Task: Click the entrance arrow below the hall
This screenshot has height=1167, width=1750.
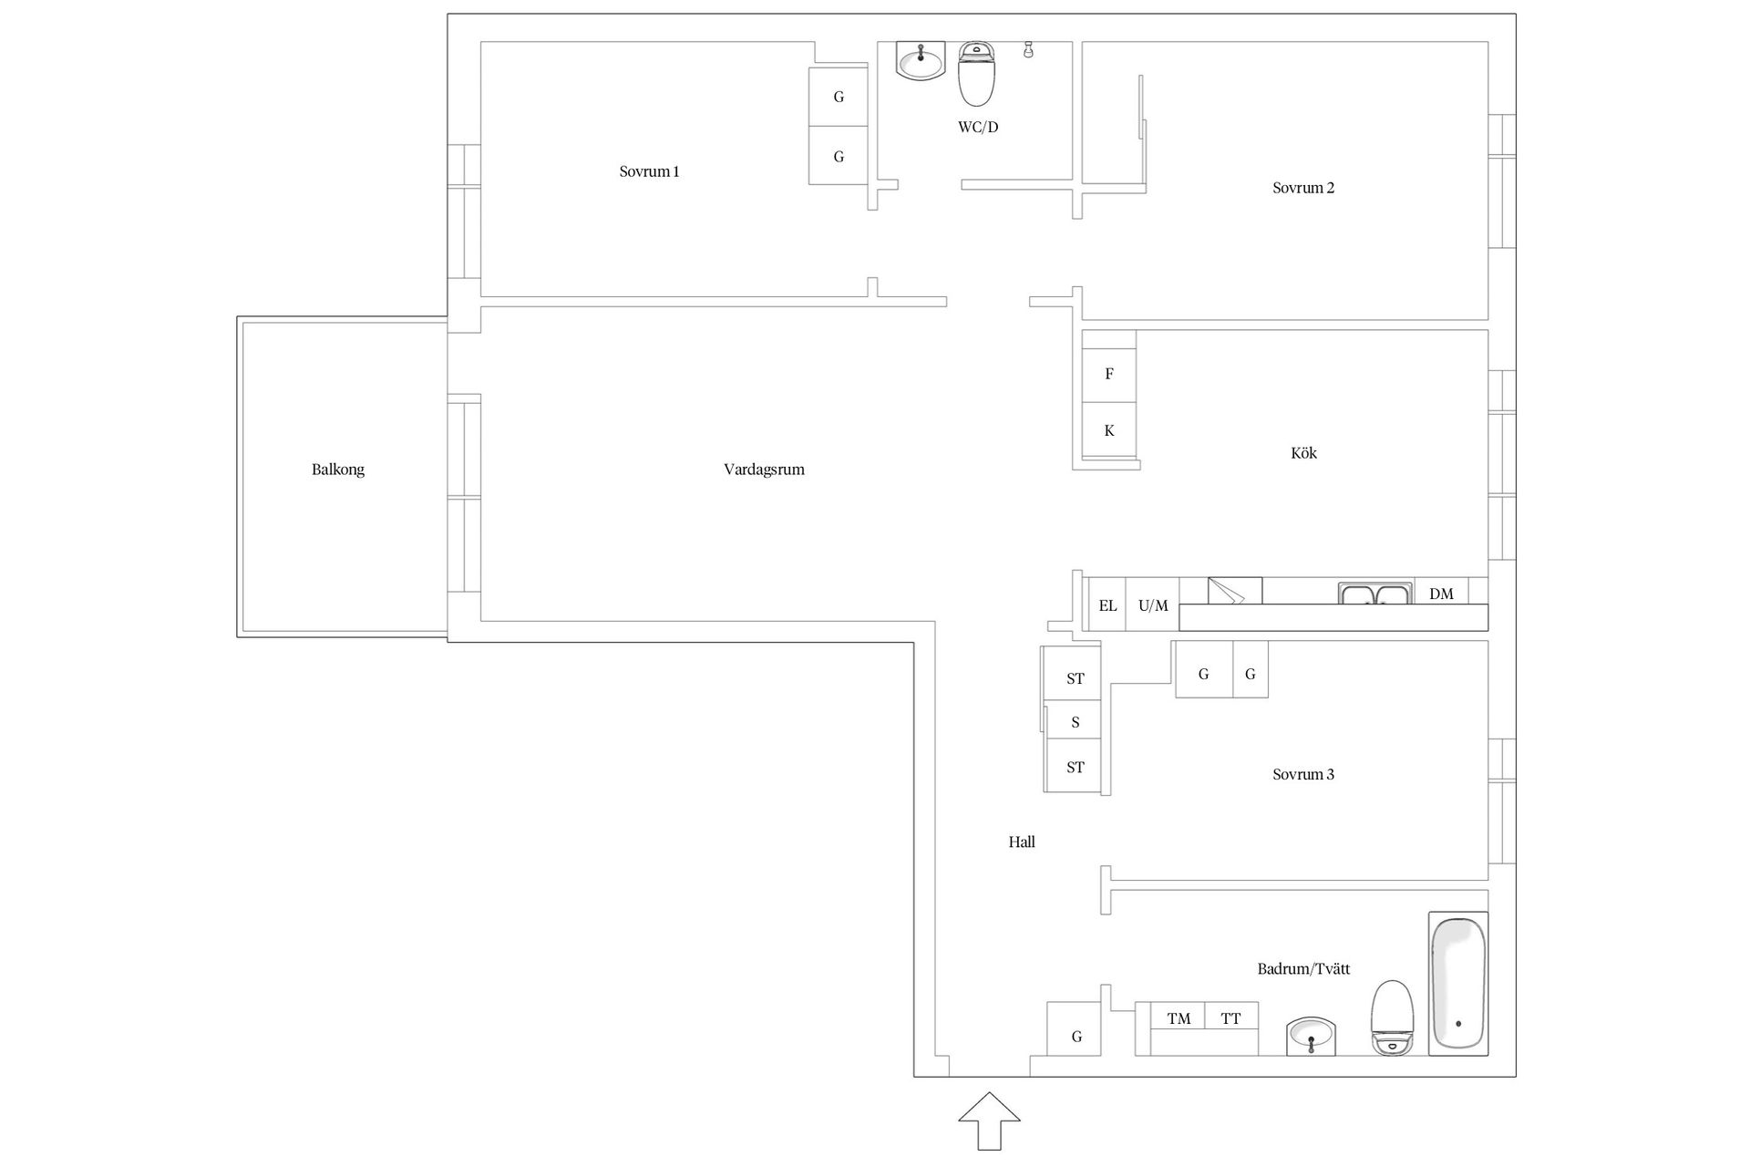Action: pyautogui.click(x=989, y=1121)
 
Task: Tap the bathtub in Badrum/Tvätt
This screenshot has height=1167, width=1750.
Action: pyautogui.click(x=1458, y=984)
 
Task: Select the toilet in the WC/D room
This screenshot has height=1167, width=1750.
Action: pyautogui.click(x=976, y=74)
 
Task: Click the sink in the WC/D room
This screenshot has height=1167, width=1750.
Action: pyautogui.click(x=920, y=60)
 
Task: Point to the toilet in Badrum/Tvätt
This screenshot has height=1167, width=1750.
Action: pyautogui.click(x=1392, y=1018)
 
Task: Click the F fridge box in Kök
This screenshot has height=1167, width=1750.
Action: pyautogui.click(x=1109, y=374)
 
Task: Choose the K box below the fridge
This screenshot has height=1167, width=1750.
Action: pyautogui.click(x=1109, y=430)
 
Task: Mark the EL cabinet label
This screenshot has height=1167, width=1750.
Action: pyautogui.click(x=1107, y=605)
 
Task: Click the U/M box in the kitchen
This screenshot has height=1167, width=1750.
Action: pyautogui.click(x=1153, y=604)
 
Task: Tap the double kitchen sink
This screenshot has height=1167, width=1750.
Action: pyautogui.click(x=1376, y=594)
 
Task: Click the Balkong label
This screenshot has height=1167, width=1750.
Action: pyautogui.click(x=338, y=470)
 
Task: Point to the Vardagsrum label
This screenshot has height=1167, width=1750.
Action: pyautogui.click(x=765, y=470)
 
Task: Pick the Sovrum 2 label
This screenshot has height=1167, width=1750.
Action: pyautogui.click(x=1303, y=188)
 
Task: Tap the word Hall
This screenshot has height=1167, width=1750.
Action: pyautogui.click(x=1022, y=842)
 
